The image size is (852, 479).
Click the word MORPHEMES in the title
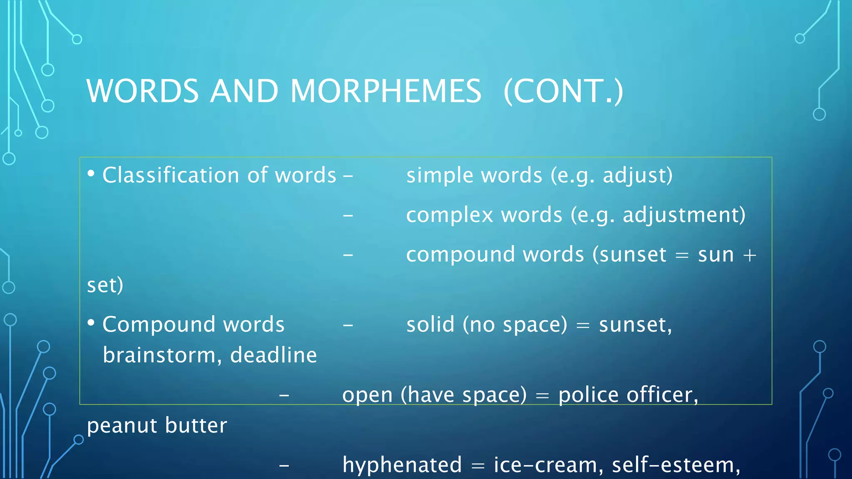(386, 91)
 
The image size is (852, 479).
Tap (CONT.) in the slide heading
(563, 91)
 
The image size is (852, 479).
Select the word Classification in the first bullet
(172, 175)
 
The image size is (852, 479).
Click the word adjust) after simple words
(637, 175)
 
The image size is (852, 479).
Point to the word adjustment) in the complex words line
(684, 215)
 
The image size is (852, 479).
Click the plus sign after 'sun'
(749, 255)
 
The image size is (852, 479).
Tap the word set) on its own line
(105, 285)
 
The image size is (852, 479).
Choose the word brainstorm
(159, 355)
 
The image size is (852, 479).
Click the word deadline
(273, 355)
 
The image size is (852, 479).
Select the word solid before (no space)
(430, 324)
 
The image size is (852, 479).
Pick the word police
(588, 395)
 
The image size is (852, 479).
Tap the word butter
(196, 425)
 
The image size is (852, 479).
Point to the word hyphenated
(402, 464)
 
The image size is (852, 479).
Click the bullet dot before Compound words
(91, 323)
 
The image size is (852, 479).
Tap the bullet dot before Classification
(91, 173)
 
